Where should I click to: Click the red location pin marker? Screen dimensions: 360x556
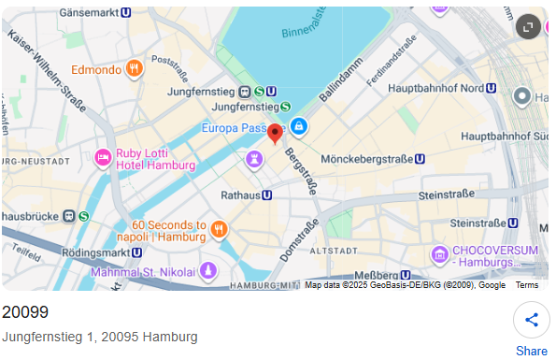tap(275, 134)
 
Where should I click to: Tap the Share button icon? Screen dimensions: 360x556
tap(532, 321)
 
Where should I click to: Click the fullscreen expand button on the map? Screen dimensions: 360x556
tap(528, 26)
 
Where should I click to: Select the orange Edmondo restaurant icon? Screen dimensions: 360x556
tap(135, 68)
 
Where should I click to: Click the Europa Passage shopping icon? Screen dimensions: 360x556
tap(297, 125)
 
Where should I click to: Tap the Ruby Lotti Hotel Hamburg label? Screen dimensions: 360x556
tap(154, 159)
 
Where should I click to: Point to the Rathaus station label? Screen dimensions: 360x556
tap(246, 195)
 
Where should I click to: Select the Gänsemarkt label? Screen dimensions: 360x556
tap(93, 13)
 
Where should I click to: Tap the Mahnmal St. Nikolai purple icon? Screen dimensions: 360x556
tap(208, 271)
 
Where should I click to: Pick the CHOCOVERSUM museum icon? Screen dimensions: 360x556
tap(439, 253)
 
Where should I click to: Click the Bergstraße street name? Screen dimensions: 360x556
tap(302, 166)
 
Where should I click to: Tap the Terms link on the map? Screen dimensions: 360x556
tap(527, 285)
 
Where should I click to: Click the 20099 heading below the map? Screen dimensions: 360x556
tap(25, 312)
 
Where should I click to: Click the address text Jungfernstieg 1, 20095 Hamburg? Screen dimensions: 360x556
tap(100, 337)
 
